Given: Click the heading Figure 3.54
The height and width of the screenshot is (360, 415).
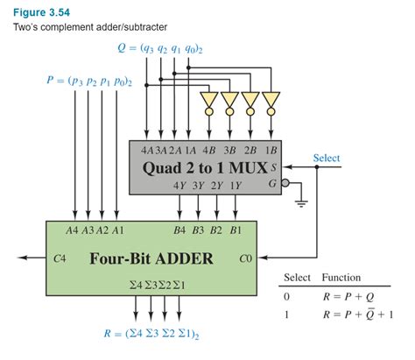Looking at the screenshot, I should click(x=37, y=11).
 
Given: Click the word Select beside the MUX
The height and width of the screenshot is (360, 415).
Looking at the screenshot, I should click(x=326, y=159).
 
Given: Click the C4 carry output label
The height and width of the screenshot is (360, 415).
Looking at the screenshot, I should click(x=60, y=259).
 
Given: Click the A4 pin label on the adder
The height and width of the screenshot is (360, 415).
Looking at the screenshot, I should click(x=72, y=231).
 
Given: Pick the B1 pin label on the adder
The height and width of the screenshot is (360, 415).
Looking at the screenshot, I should click(x=236, y=231).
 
